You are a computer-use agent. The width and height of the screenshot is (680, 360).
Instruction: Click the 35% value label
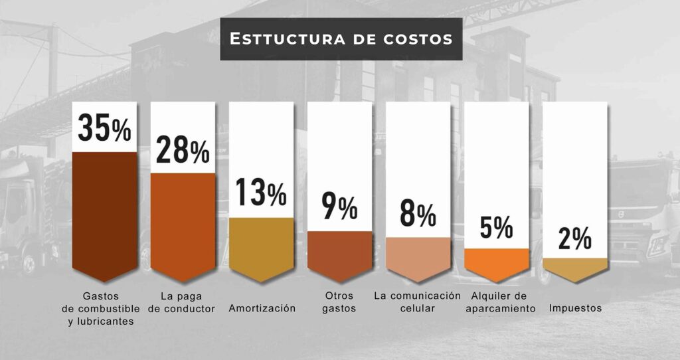click(x=104, y=128)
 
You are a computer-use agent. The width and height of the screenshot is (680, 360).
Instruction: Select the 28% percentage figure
click(x=183, y=150)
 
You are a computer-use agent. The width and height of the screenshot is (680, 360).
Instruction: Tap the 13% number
click(x=261, y=193)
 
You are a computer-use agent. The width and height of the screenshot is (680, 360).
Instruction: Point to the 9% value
click(x=339, y=207)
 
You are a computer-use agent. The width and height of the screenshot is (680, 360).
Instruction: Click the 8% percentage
click(x=418, y=214)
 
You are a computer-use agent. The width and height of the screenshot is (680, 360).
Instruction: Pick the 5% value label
click(x=496, y=227)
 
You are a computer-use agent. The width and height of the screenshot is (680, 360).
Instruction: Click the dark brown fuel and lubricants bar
click(x=104, y=213)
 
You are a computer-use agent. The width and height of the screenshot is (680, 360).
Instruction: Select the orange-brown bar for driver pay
click(x=183, y=223)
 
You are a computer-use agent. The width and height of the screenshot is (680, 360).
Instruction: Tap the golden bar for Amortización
click(x=261, y=246)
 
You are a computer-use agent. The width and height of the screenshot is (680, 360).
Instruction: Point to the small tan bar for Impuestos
click(x=574, y=264)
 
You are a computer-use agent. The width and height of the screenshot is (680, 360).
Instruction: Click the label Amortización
click(x=262, y=309)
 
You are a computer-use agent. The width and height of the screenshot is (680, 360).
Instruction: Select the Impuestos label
click(x=575, y=309)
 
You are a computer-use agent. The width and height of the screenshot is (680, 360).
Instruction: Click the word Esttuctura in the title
click(x=286, y=39)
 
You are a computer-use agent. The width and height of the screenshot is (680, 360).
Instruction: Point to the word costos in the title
click(x=418, y=39)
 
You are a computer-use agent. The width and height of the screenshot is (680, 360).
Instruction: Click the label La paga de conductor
click(x=183, y=302)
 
